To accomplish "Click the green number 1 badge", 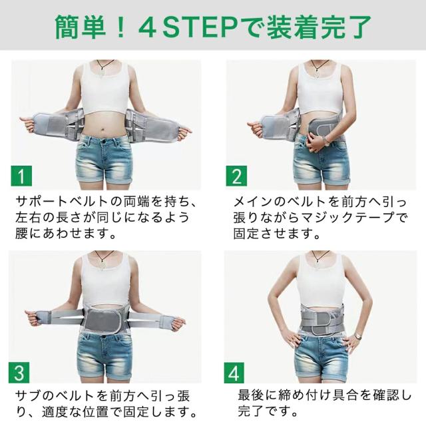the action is (x=21, y=176).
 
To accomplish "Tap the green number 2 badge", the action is (x=237, y=176).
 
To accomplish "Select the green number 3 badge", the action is (x=19, y=373).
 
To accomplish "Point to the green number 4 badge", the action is (x=234, y=373).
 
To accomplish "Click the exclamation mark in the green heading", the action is (x=121, y=27).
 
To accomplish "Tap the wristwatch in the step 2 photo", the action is (x=326, y=140).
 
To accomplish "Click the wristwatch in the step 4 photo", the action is (x=357, y=336).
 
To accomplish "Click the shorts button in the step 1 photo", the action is (x=104, y=142).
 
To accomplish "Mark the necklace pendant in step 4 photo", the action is (x=318, y=265).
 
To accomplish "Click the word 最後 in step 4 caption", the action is (x=252, y=395).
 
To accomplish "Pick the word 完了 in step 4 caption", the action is (x=252, y=411).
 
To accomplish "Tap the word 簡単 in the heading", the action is (x=81, y=27).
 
